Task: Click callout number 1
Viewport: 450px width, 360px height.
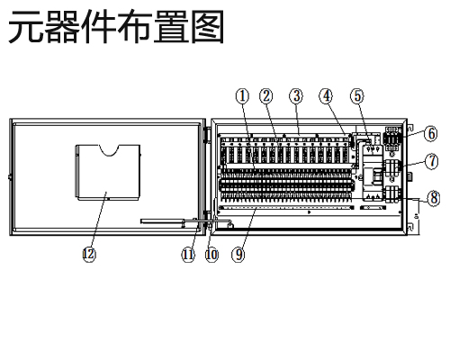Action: pos(242,96)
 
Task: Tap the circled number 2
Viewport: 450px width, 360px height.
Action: pos(266,96)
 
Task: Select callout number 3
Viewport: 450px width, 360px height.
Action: pos(296,96)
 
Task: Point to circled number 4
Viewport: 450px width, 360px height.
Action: pos(326,96)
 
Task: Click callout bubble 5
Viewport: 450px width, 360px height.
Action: pos(357,96)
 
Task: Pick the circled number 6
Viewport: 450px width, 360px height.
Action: pos(431,133)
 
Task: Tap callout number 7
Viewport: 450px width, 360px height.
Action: pos(432,161)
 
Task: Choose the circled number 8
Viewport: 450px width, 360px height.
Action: pos(433,198)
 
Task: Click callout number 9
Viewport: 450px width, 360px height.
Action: pos(238,255)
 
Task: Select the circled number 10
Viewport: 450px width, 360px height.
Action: pos(211,255)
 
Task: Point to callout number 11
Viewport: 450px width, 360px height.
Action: pos(188,255)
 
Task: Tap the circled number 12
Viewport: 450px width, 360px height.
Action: pos(89,255)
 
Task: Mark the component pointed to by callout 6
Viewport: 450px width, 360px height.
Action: pos(392,139)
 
